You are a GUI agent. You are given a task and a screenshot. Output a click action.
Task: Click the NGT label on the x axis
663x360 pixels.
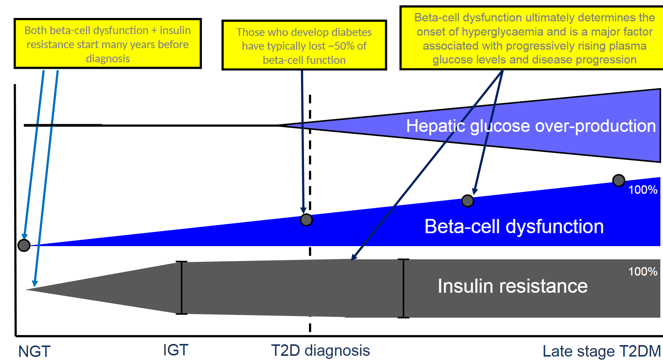pyautogui.click(x=34, y=351)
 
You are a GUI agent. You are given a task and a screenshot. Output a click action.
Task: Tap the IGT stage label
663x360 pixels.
pyautogui.click(x=175, y=350)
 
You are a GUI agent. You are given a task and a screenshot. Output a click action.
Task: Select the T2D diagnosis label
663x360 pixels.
pyautogui.click(x=320, y=350)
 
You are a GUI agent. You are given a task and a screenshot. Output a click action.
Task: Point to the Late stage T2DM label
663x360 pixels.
pyautogui.click(x=601, y=351)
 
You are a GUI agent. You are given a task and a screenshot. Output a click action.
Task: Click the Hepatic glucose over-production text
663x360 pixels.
pyautogui.click(x=531, y=126)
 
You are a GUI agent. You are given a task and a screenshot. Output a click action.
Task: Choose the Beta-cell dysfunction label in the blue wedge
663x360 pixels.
pyautogui.click(x=514, y=227)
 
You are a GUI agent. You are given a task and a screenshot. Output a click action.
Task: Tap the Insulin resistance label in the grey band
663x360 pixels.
pyautogui.click(x=512, y=286)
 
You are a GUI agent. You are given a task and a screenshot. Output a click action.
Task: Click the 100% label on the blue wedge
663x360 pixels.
pyautogui.click(x=643, y=190)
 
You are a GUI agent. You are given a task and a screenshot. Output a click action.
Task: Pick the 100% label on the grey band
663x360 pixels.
pyautogui.click(x=643, y=272)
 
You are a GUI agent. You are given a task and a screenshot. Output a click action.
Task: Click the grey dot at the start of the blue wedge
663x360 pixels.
pyautogui.click(x=24, y=245)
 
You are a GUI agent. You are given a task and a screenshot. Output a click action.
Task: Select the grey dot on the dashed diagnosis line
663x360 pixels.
pyautogui.click(x=306, y=220)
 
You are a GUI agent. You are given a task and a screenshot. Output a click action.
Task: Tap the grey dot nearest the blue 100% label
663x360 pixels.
pyautogui.click(x=619, y=180)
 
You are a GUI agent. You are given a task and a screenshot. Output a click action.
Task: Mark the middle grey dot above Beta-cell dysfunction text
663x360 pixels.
pyautogui.click(x=468, y=201)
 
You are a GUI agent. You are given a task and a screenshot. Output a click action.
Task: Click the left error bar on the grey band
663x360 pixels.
pyautogui.click(x=182, y=288)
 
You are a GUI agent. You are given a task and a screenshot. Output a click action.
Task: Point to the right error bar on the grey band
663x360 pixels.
pyautogui.click(x=403, y=289)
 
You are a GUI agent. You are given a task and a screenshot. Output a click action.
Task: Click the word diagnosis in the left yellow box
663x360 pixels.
pyautogui.click(x=108, y=59)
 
